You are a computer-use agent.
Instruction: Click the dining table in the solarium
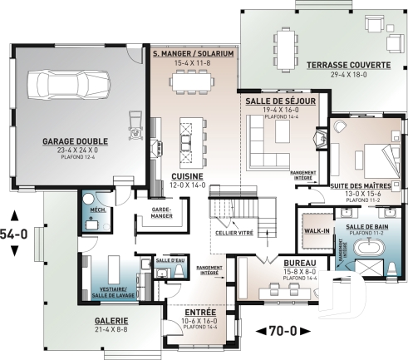pyautogui.click(x=192, y=81)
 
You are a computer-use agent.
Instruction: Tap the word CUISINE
pyautogui.click(x=189, y=177)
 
